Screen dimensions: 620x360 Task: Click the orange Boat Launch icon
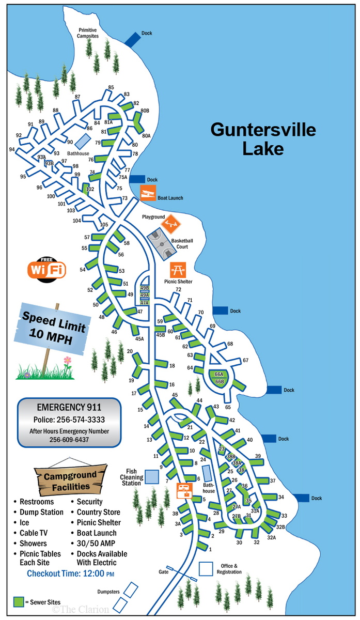pyautogui.click(x=148, y=194)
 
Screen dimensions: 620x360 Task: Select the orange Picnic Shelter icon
pyautogui.click(x=178, y=270)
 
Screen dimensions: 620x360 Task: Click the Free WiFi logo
pyautogui.click(x=46, y=268)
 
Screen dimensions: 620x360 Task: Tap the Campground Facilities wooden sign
pyautogui.click(x=70, y=480)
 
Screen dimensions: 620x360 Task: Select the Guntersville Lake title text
pyautogui.click(x=263, y=138)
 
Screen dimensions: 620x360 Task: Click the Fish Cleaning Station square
pyautogui.click(x=151, y=476)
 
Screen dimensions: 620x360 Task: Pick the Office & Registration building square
pyautogui.click(x=206, y=568)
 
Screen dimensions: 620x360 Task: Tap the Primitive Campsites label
pyautogui.click(x=88, y=33)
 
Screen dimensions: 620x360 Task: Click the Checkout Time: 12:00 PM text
pyautogui.click(x=70, y=574)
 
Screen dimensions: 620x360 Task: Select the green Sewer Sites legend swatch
pyautogui.click(x=19, y=602)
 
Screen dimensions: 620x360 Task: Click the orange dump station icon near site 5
pyautogui.click(x=183, y=490)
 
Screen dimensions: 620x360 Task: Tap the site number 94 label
pyautogui.click(x=12, y=149)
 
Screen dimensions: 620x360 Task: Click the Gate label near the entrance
pyautogui.click(x=164, y=572)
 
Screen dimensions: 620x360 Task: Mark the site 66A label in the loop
pyautogui.click(x=219, y=374)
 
